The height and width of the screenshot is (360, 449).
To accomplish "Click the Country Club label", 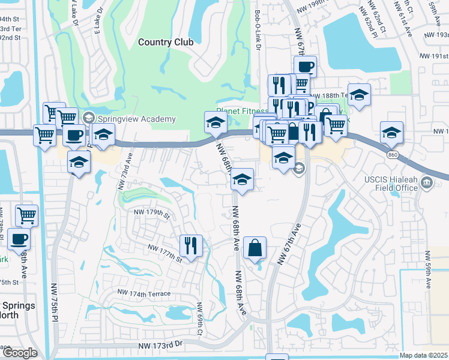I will [166, 42].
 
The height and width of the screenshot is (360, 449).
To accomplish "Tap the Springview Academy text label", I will [137, 119].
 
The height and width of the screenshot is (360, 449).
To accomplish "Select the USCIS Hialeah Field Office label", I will [390, 183].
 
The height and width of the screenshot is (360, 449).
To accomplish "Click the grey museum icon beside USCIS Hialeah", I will [427, 182].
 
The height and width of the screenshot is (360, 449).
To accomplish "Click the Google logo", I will [19, 353].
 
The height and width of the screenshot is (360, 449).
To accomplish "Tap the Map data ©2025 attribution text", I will [423, 355].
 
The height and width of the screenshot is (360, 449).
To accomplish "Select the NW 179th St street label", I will [152, 212].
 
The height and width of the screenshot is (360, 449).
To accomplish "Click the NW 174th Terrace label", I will [144, 293].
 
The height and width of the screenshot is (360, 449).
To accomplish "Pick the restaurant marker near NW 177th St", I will [191, 245].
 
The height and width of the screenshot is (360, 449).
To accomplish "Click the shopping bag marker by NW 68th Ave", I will [255, 247].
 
